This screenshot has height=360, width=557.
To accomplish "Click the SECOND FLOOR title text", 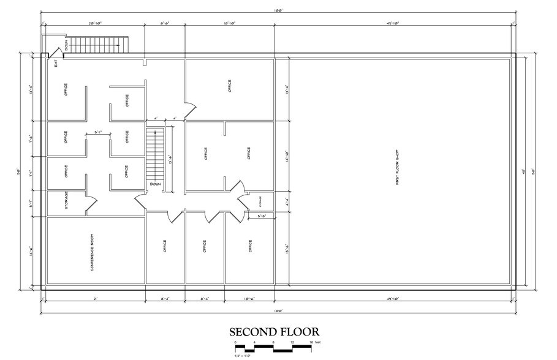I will coord(274,332).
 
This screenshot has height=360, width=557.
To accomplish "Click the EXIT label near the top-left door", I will coord(55,61).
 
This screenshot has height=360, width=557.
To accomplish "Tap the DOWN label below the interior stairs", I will coord(154,184).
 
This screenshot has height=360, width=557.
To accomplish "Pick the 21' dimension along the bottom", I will coord(96,299).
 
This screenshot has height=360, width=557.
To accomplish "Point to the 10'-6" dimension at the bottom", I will coord(249,299).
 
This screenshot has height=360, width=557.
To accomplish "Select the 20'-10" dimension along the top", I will coord(95,23).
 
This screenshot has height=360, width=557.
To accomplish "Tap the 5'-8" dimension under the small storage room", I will coord(260,216).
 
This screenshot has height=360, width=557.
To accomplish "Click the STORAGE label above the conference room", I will coord(66,201).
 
